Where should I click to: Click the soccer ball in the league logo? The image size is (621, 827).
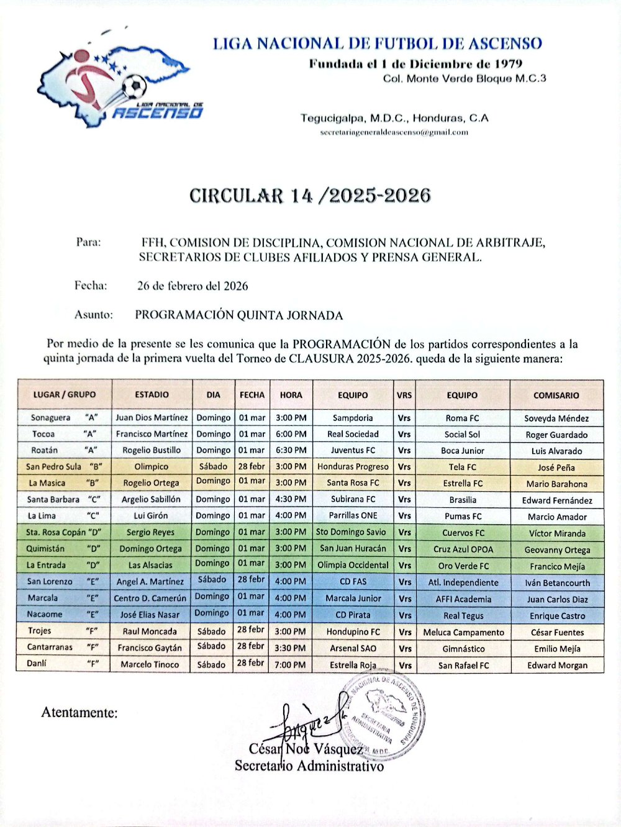[134, 86]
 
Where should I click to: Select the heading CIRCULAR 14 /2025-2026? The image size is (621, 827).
[310, 196]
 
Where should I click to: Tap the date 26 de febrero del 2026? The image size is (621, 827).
[193, 286]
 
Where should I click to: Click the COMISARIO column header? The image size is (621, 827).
[556, 395]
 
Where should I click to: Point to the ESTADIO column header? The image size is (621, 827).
[152, 394]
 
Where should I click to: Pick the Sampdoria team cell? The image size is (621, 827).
[353, 418]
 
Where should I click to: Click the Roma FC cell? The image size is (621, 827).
[462, 418]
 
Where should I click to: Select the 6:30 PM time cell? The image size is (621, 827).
[291, 450]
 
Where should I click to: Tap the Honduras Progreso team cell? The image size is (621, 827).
[353, 466]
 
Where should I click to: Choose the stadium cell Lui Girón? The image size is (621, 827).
[151, 515]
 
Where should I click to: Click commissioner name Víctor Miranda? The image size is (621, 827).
[557, 533]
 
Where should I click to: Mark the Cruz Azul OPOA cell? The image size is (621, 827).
[463, 549]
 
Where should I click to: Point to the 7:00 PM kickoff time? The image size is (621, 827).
[291, 664]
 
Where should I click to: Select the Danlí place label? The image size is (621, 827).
[37, 663]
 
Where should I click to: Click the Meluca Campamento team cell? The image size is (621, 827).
[463, 632]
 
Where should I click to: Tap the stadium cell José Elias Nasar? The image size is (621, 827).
[150, 615]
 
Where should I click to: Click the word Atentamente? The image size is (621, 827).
[79, 713]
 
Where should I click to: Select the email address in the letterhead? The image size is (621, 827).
[394, 132]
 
